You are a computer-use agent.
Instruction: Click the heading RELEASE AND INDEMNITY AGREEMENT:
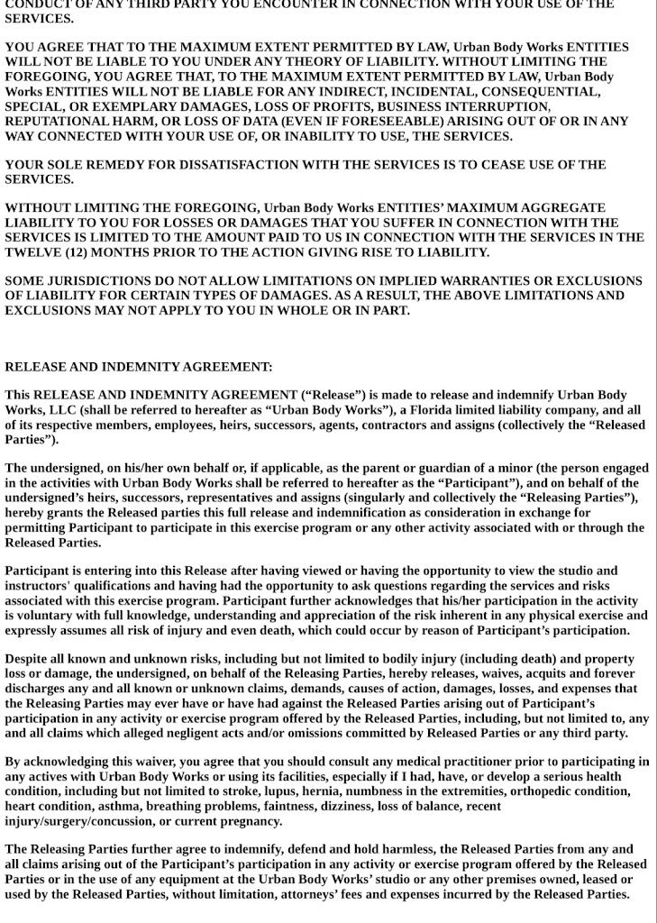139,367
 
